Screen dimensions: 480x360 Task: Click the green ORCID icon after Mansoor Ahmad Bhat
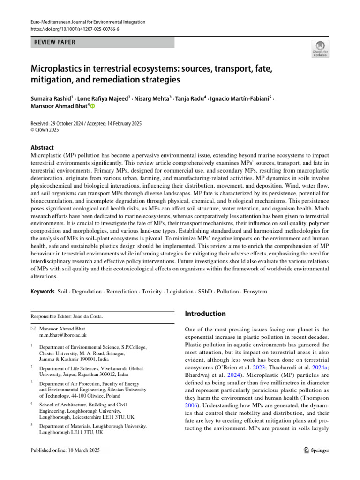tap(92, 107)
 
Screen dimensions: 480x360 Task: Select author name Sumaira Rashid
tap(50, 99)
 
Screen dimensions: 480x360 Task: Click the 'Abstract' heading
tap(42, 147)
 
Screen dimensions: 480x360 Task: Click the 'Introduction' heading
tap(205, 314)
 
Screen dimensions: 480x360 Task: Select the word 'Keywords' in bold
tap(43, 292)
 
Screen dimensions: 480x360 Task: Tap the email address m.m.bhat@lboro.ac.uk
tap(63, 335)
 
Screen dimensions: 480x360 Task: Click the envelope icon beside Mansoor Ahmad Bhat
tap(33, 329)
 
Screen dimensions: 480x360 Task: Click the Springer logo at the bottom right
tap(314, 450)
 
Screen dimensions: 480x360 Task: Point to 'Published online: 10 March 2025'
tap(65, 450)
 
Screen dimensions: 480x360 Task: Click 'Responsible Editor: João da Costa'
tap(67, 316)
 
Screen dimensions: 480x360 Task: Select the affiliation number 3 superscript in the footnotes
tap(32, 382)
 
